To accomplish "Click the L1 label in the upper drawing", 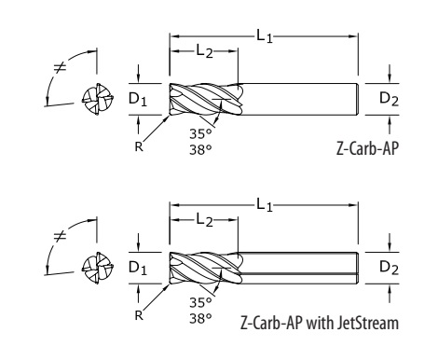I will pos(264,35).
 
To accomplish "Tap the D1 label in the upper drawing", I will pos(138,99).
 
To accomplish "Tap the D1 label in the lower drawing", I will pos(138,268).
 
